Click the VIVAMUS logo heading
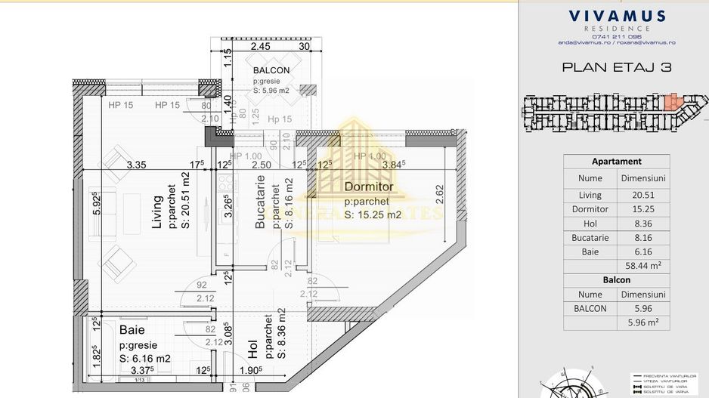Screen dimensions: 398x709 pos(617,16)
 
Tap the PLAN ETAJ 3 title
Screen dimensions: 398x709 pos(617,67)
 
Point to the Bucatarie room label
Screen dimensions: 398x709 pos(260,202)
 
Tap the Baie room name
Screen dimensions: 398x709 pos(132,330)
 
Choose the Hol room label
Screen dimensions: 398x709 pos(253,349)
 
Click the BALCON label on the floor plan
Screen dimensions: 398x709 pos(271,70)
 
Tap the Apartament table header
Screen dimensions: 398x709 pos(616,161)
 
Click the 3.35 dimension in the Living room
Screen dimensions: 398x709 pos(136,165)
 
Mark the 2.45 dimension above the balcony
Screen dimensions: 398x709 pos(261,46)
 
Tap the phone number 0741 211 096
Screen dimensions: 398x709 pos(617,36)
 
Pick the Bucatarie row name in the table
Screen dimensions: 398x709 pos(590,238)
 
